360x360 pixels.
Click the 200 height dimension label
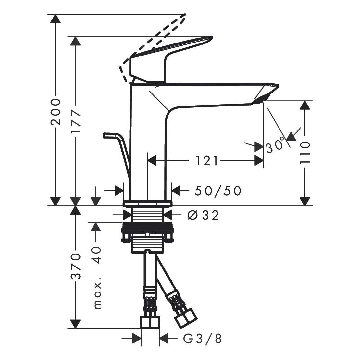coord(56,112)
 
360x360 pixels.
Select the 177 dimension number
coord(76,122)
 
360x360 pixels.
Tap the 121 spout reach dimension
coord(207,160)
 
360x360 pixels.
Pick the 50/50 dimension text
coord(218,191)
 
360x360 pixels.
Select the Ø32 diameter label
coord(203,215)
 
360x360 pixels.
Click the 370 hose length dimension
coord(76,266)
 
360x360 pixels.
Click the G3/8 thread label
coord(202,339)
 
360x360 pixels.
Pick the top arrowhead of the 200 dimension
coord(55,19)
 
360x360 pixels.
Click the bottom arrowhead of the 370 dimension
coord(75,324)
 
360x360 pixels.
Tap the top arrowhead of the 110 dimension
coord(305,105)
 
